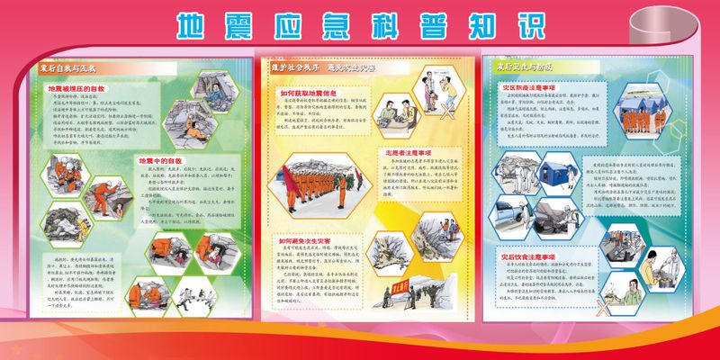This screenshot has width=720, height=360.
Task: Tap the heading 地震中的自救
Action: pyautogui.click(x=160, y=160)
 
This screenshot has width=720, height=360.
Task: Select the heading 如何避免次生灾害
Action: pyautogui.click(x=309, y=240)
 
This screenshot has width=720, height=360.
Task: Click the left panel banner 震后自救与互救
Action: pyautogui.click(x=67, y=67)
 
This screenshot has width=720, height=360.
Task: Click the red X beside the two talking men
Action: pyautogui.click(x=445, y=114)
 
